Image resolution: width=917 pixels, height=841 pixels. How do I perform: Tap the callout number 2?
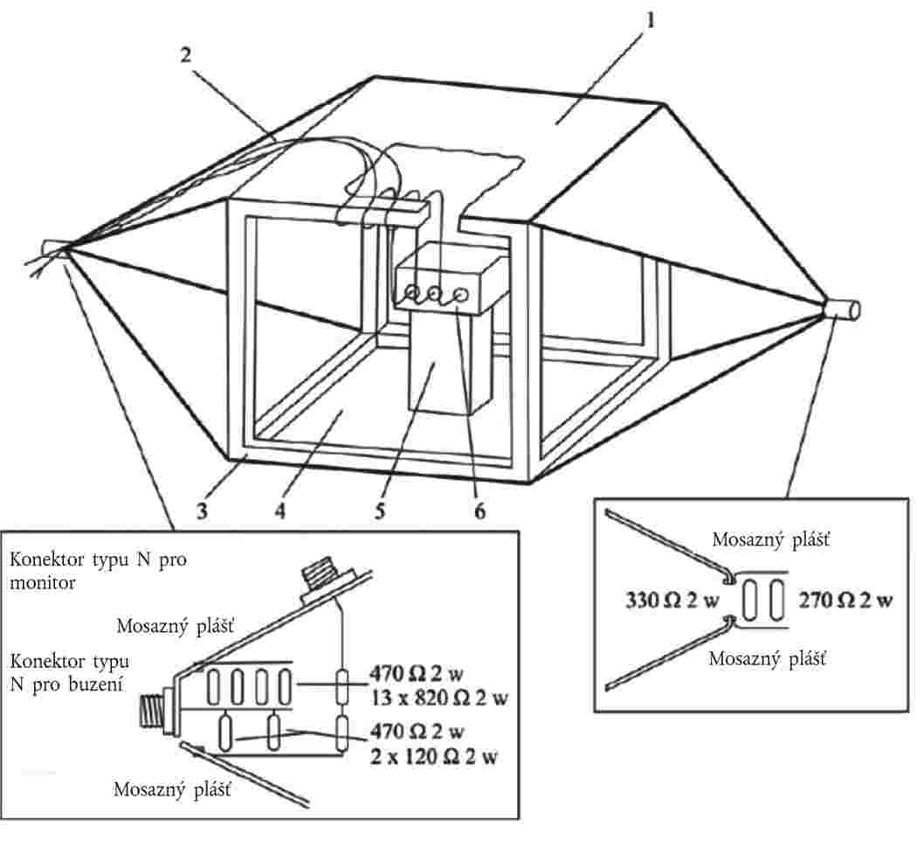click(186, 55)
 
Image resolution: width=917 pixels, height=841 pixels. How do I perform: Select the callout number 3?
click(202, 511)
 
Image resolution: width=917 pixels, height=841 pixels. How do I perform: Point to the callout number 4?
click(280, 511)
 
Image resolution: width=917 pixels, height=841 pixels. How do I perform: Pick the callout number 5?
click(380, 511)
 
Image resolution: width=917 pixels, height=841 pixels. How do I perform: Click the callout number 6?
click(479, 511)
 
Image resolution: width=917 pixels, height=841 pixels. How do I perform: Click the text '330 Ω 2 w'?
click(672, 601)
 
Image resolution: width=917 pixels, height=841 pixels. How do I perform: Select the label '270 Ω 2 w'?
click(845, 601)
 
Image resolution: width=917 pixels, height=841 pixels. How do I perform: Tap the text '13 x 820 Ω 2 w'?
click(439, 698)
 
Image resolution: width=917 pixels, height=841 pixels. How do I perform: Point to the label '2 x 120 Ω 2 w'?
click(433, 757)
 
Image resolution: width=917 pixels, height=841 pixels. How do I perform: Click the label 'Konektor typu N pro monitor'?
click(98, 571)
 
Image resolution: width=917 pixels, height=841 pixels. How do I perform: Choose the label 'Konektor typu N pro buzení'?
click(70, 672)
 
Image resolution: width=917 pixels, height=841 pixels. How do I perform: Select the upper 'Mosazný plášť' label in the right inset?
click(770, 539)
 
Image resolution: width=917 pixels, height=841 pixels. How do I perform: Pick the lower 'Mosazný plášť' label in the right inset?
click(767, 659)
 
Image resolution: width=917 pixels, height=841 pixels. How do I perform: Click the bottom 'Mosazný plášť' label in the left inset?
click(172, 789)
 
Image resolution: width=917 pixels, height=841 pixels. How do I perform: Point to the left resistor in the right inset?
click(751, 600)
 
